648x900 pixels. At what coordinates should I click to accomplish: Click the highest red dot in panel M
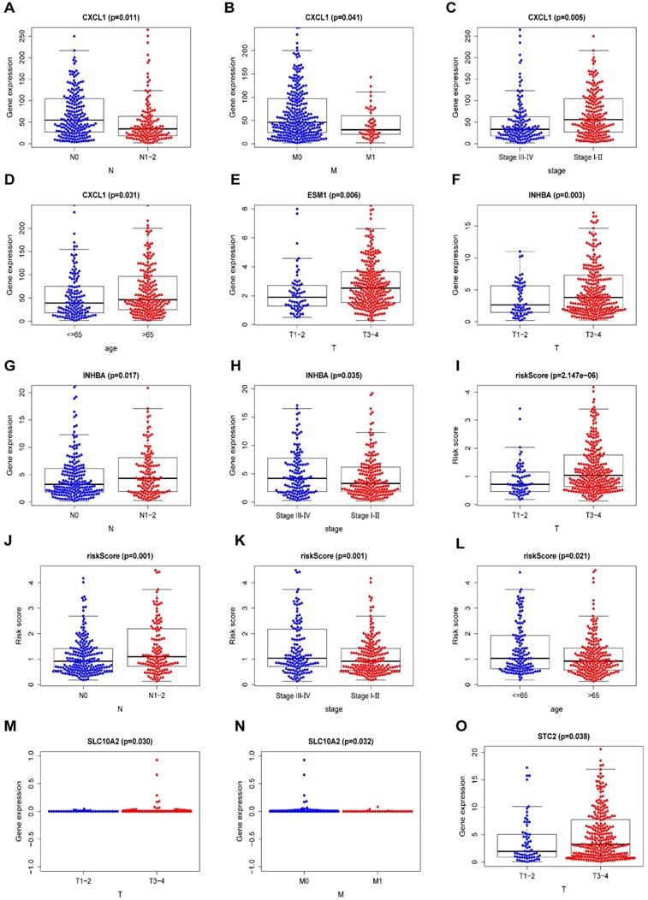(157, 760)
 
